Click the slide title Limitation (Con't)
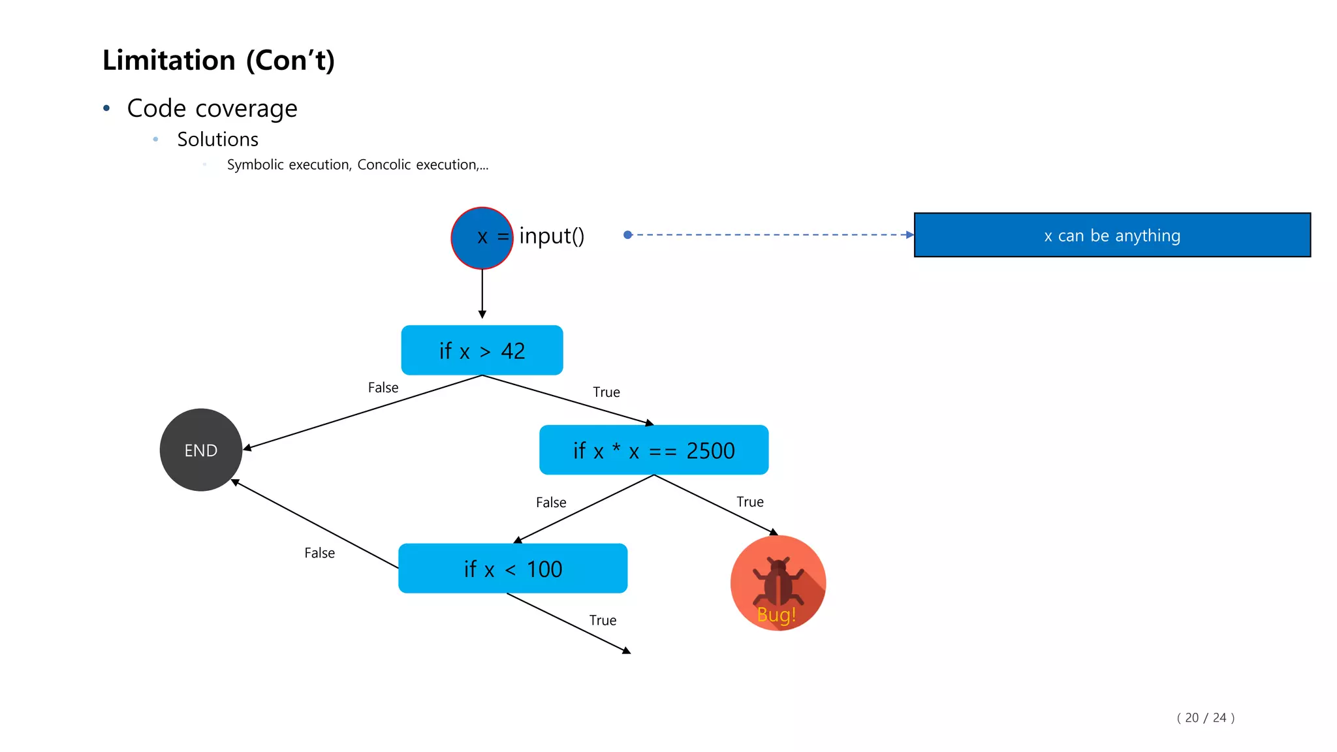pyautogui.click(x=219, y=61)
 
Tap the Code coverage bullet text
pyautogui.click(x=212, y=108)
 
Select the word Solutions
pyautogui.click(x=217, y=140)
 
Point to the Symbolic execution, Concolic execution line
pyautogui.click(x=357, y=165)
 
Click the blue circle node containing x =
pyautogui.click(x=481, y=238)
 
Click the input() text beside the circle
pyautogui.click(x=552, y=236)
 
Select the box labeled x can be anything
pyautogui.click(x=1112, y=235)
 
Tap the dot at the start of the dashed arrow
pyautogui.click(x=627, y=235)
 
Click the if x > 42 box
pyautogui.click(x=482, y=351)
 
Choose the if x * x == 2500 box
pyautogui.click(x=653, y=450)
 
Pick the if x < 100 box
pyautogui.click(x=512, y=569)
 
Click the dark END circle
pyautogui.click(x=201, y=450)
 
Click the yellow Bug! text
pyautogui.click(x=776, y=615)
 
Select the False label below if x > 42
pyautogui.click(x=383, y=388)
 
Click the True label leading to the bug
pyautogui.click(x=750, y=502)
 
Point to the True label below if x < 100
pyautogui.click(x=603, y=621)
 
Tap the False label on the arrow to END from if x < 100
pyautogui.click(x=319, y=554)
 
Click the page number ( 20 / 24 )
pyautogui.click(x=1205, y=718)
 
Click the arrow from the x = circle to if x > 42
pyautogui.click(x=482, y=294)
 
